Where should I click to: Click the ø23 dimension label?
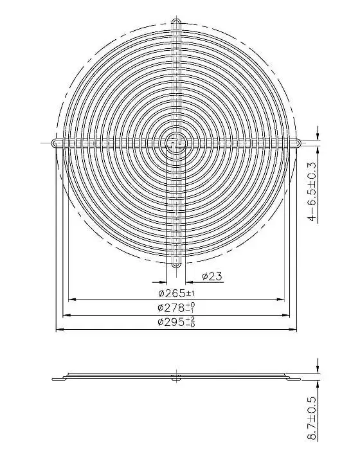(x=212, y=276)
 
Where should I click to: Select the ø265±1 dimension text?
(x=176, y=294)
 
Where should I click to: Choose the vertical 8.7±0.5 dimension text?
(x=312, y=418)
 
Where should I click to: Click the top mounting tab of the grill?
(x=177, y=22)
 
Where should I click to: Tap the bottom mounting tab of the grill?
(x=177, y=264)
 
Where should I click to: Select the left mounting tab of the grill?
(x=56, y=143)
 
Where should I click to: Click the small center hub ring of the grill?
(x=176, y=143)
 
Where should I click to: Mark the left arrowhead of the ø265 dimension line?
(x=73, y=299)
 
